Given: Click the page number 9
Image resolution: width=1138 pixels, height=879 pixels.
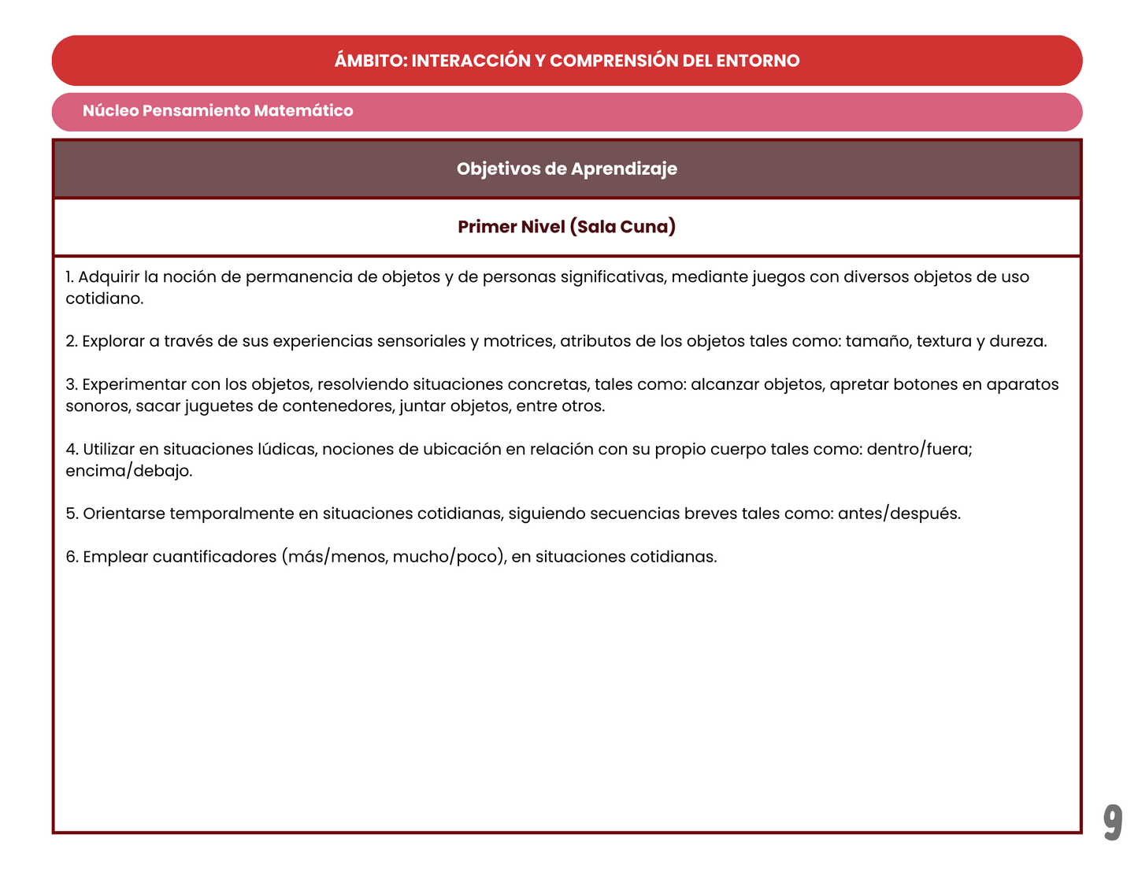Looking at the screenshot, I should click(1112, 822).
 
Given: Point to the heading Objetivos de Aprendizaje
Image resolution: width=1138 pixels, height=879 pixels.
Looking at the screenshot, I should click(567, 169).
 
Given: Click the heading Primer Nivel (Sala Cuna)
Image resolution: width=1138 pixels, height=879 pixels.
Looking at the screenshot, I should click(567, 227).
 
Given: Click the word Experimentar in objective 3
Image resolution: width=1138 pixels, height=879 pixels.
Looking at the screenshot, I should click(133, 385).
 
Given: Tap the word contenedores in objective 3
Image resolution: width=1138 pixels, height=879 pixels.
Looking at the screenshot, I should click(337, 406).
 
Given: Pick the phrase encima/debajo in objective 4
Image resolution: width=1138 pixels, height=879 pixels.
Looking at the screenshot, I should click(128, 471).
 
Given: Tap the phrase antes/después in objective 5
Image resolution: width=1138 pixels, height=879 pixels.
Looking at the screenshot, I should click(899, 514).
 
